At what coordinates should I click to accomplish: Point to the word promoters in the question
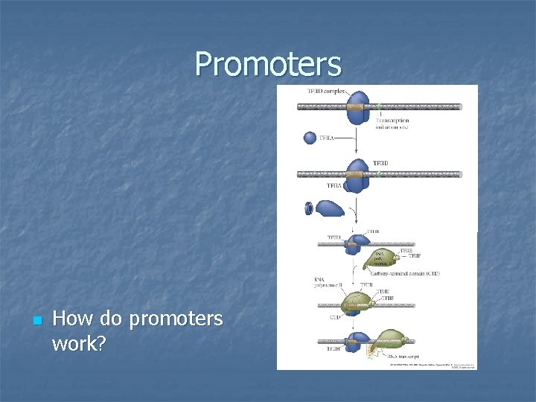(176, 319)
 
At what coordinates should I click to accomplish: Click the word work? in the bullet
(79, 344)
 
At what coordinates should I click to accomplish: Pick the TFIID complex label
(325, 92)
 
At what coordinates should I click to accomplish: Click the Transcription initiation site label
(392, 123)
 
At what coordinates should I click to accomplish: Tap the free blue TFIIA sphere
(310, 138)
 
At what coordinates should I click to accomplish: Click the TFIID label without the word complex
(380, 163)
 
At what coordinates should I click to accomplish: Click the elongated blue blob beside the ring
(330, 208)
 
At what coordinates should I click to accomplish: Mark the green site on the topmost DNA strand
(378, 106)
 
